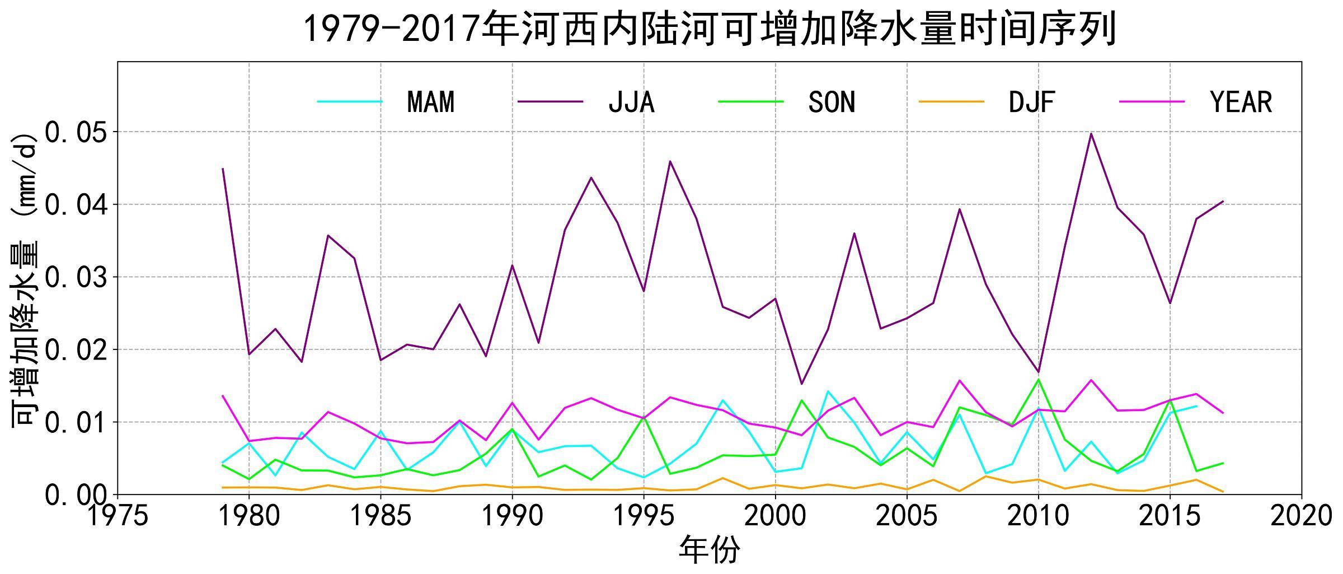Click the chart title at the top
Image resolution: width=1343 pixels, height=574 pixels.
coord(709,29)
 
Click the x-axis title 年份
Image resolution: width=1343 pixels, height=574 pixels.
coord(709,549)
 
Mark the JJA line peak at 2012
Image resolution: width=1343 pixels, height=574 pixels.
coord(1091,133)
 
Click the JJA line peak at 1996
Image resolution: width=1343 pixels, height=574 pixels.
coord(670,161)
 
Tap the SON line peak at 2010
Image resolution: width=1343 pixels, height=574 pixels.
coord(1039,379)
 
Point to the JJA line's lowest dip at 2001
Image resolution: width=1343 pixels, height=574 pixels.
coord(801,384)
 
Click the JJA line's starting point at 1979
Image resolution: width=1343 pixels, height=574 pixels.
coord(223,169)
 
